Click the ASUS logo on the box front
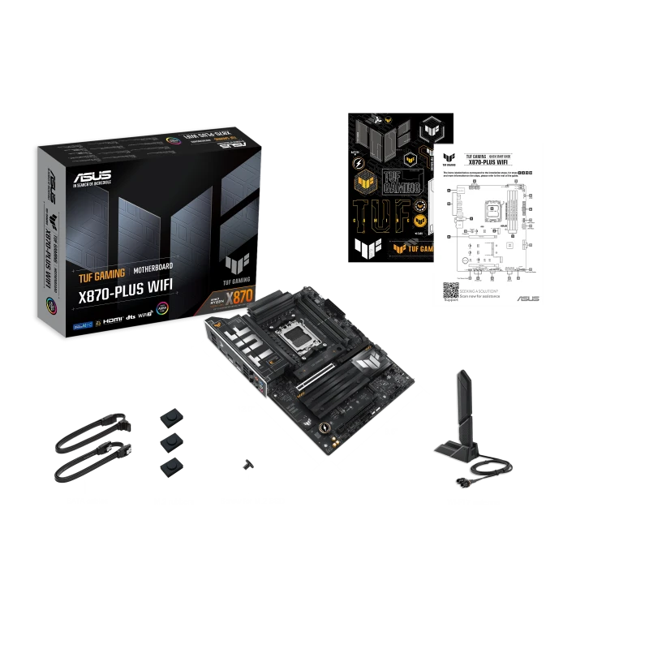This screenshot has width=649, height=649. (91, 176)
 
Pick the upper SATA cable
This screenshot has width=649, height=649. (89, 430)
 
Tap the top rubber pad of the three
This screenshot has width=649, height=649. (171, 413)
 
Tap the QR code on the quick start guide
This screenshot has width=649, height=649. (450, 290)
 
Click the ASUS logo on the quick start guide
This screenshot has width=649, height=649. (527, 299)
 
